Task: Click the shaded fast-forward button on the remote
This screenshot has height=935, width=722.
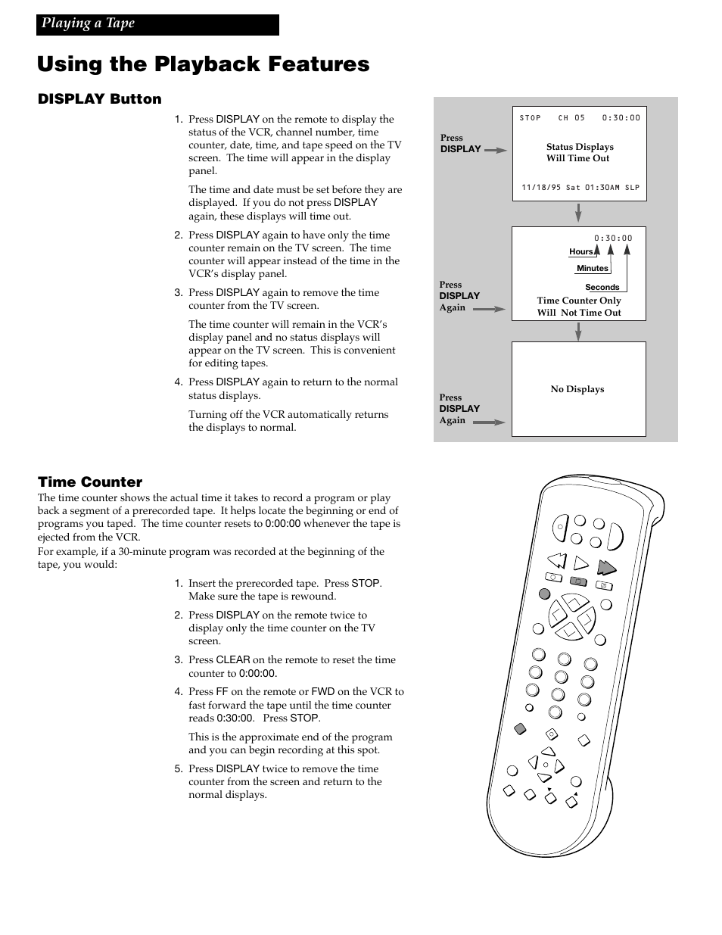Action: pyautogui.click(x=606, y=567)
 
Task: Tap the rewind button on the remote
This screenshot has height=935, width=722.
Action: pyautogui.click(x=557, y=561)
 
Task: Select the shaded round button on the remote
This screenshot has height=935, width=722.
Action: pyautogui.click(x=544, y=594)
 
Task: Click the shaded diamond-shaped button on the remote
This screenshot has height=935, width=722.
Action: pyautogui.click(x=519, y=729)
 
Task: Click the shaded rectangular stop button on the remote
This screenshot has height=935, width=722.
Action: pyautogui.click(x=578, y=581)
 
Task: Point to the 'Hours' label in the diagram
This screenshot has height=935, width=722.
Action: pyautogui.click(x=581, y=252)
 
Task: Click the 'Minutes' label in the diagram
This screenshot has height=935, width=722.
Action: pyautogui.click(x=592, y=268)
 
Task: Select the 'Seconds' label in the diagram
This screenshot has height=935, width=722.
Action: pyautogui.click(x=602, y=287)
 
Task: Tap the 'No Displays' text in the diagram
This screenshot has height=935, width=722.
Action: pyautogui.click(x=577, y=389)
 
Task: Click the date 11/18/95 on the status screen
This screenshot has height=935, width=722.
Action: pyautogui.click(x=540, y=188)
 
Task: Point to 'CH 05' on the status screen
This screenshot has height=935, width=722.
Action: pyautogui.click(x=571, y=118)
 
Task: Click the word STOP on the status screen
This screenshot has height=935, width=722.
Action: pyautogui.click(x=531, y=118)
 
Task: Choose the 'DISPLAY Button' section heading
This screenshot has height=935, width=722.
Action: pyautogui.click(x=99, y=99)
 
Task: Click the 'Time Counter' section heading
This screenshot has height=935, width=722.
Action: pyautogui.click(x=90, y=482)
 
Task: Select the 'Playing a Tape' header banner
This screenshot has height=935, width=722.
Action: pyautogui.click(x=157, y=24)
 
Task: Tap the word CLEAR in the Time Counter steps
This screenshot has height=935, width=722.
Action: pyautogui.click(x=233, y=660)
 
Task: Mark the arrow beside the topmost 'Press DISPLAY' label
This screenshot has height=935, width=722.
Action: pyautogui.click(x=495, y=150)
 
